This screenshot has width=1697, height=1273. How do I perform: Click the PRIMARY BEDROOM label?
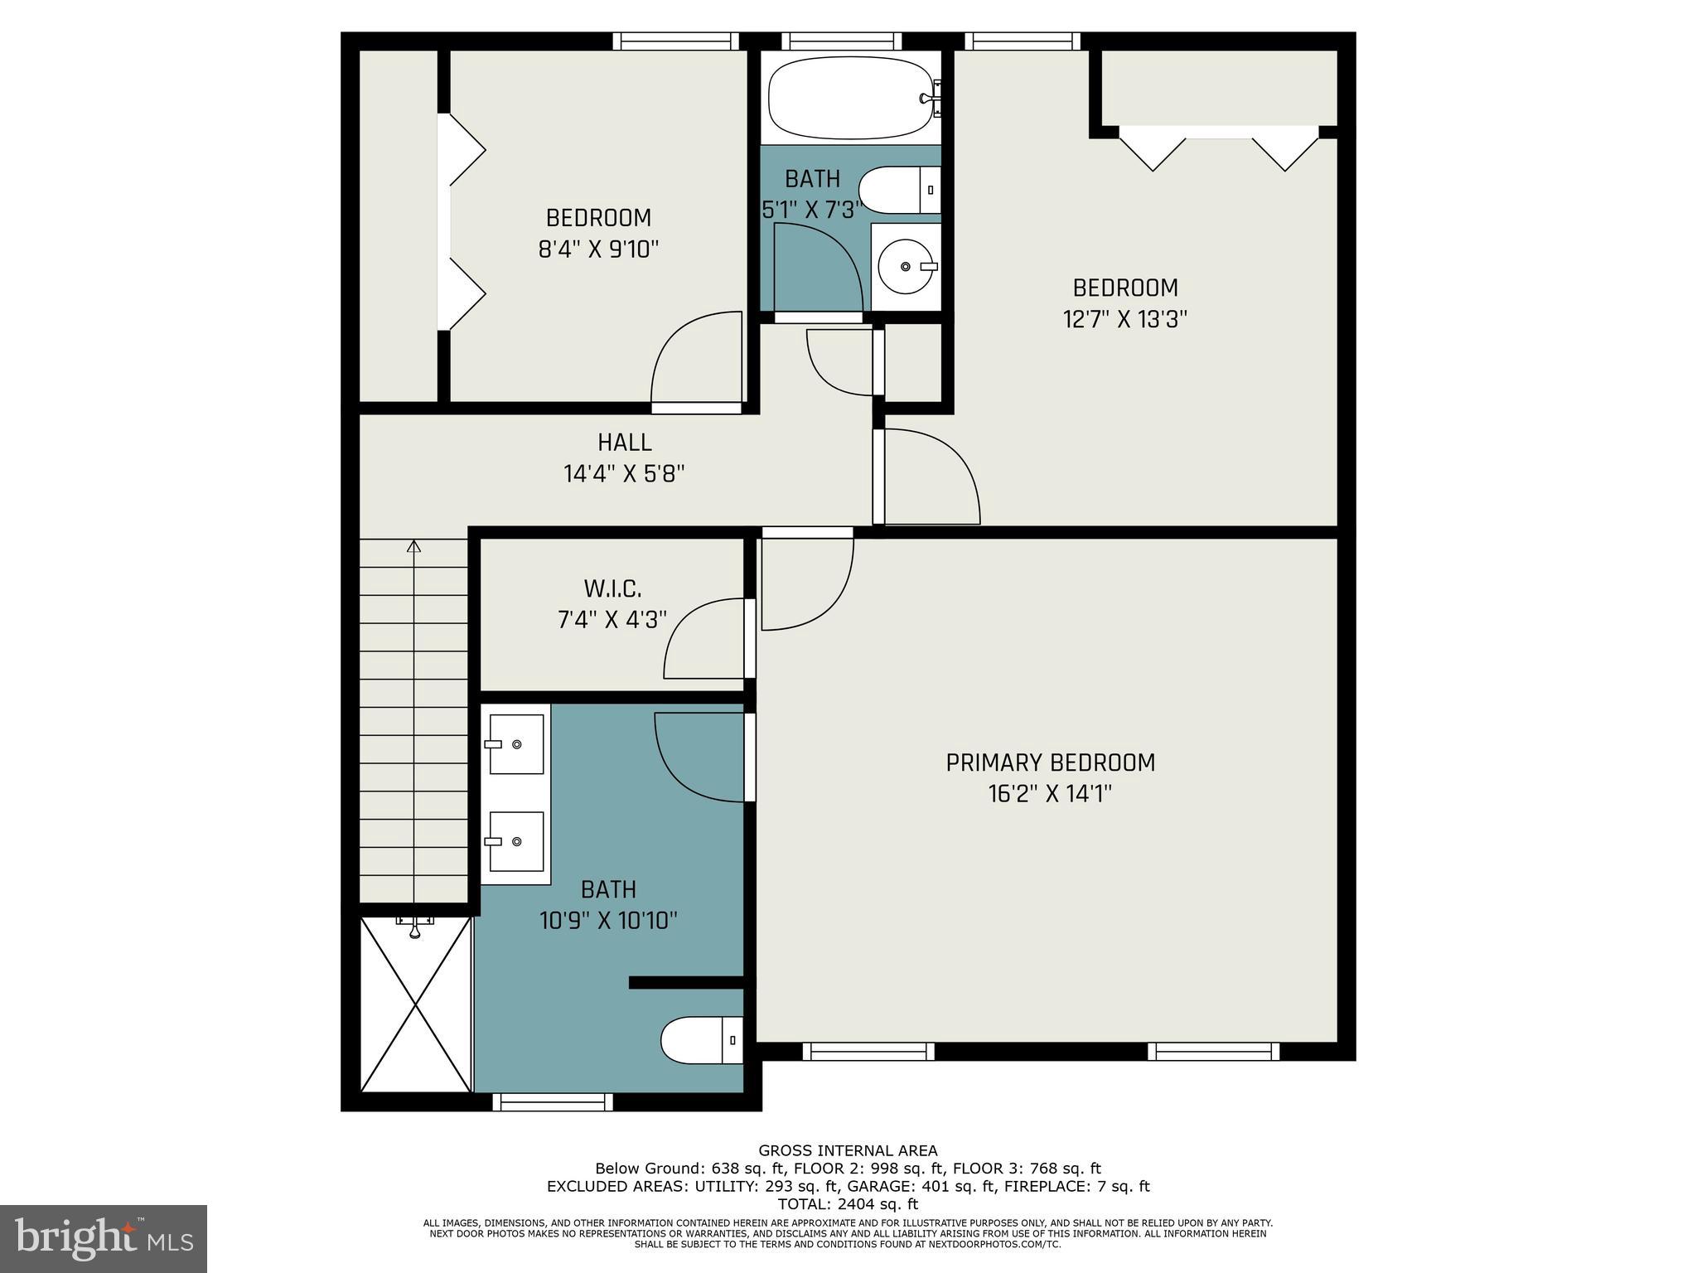[x=1050, y=762]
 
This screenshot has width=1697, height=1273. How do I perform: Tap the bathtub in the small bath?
[x=850, y=98]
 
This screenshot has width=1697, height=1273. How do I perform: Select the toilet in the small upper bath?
[x=899, y=190]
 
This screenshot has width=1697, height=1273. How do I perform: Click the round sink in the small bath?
[x=906, y=266]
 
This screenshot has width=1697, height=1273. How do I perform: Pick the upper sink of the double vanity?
[x=515, y=743]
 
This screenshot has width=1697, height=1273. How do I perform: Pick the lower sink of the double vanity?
[x=515, y=841]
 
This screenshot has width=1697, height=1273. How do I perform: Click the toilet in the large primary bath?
[x=700, y=1039]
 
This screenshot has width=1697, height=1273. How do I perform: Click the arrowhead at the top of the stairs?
[x=413, y=545]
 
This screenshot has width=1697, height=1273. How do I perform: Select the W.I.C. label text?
[x=612, y=588]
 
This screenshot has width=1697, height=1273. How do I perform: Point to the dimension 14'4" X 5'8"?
[x=624, y=474]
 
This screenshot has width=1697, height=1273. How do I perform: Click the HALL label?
[x=624, y=442]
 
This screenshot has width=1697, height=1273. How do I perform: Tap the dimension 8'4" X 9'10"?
[x=598, y=249]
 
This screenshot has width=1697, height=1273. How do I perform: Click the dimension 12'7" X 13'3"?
[x=1124, y=319]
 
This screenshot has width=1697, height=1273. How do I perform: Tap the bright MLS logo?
[x=104, y=1238]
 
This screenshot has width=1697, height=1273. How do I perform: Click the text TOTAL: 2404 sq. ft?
[x=848, y=1204]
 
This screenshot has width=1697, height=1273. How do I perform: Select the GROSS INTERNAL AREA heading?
[x=848, y=1150]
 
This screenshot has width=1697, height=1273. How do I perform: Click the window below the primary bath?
[x=552, y=1101]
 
